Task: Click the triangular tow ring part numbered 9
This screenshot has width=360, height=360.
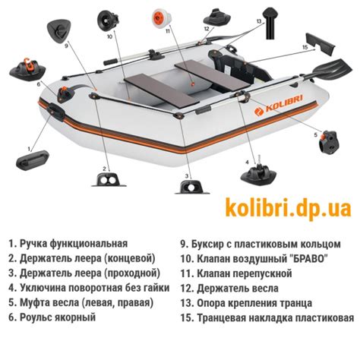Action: [58, 28]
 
